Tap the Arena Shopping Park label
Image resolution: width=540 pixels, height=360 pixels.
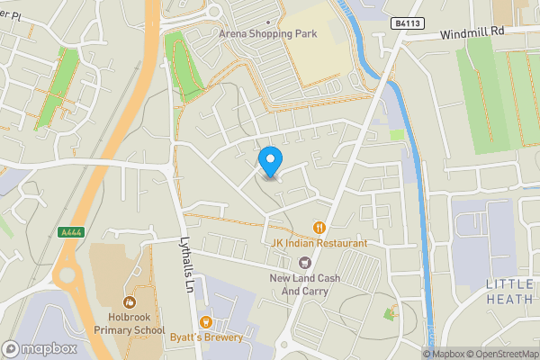pos(270,34)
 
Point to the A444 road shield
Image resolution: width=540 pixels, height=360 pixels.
pos(71,232)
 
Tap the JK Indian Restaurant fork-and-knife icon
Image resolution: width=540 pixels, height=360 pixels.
pos(319,228)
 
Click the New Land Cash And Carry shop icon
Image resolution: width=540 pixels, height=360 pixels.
pos(305,262)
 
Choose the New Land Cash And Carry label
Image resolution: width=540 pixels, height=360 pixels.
pos(305,285)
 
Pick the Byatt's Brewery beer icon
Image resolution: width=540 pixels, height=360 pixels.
pos(205,321)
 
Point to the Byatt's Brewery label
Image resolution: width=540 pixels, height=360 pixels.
pos(206,337)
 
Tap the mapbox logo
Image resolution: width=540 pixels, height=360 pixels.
pos(40,348)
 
